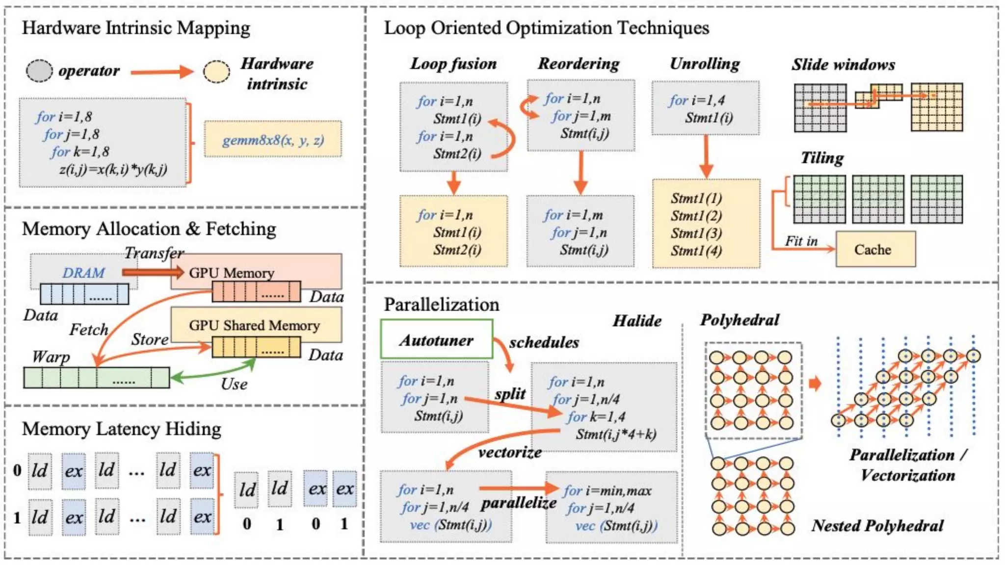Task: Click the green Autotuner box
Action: (436, 339)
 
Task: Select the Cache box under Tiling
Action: (875, 249)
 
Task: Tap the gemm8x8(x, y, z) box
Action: (273, 140)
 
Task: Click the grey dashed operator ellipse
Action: (39, 71)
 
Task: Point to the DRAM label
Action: (83, 272)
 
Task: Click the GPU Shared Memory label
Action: (254, 325)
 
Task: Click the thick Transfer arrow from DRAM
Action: (153, 272)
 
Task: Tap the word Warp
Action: (51, 356)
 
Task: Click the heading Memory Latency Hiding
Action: (122, 429)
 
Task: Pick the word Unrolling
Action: (705, 63)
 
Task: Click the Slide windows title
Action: (843, 64)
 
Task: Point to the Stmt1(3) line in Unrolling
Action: (696, 233)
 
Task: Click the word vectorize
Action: (510, 452)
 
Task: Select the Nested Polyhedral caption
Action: (877, 525)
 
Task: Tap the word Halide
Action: (636, 320)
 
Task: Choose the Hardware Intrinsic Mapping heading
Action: (136, 27)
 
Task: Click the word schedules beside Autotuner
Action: (544, 342)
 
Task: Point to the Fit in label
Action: (801, 241)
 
